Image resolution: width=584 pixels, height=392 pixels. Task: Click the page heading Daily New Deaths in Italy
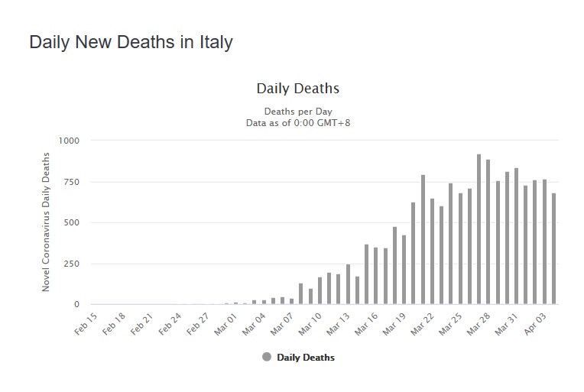131,42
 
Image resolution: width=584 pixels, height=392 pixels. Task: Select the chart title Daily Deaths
297,89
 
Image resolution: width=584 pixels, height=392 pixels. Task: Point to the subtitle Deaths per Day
297,111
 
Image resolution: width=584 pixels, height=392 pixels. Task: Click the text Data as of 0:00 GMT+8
297,121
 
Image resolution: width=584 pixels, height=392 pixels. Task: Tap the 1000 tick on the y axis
68,141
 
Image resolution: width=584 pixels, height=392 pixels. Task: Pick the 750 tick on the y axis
71,182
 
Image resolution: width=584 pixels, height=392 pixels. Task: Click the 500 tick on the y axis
71,223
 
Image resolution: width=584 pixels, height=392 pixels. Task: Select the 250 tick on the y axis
71,264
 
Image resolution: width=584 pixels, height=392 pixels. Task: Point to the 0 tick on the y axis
76,305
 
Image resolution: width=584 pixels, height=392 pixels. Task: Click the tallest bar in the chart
479,229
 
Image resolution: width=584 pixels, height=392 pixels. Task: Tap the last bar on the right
553,249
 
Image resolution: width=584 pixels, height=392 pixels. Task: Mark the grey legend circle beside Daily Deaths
266,357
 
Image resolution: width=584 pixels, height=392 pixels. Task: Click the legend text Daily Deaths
306,357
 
